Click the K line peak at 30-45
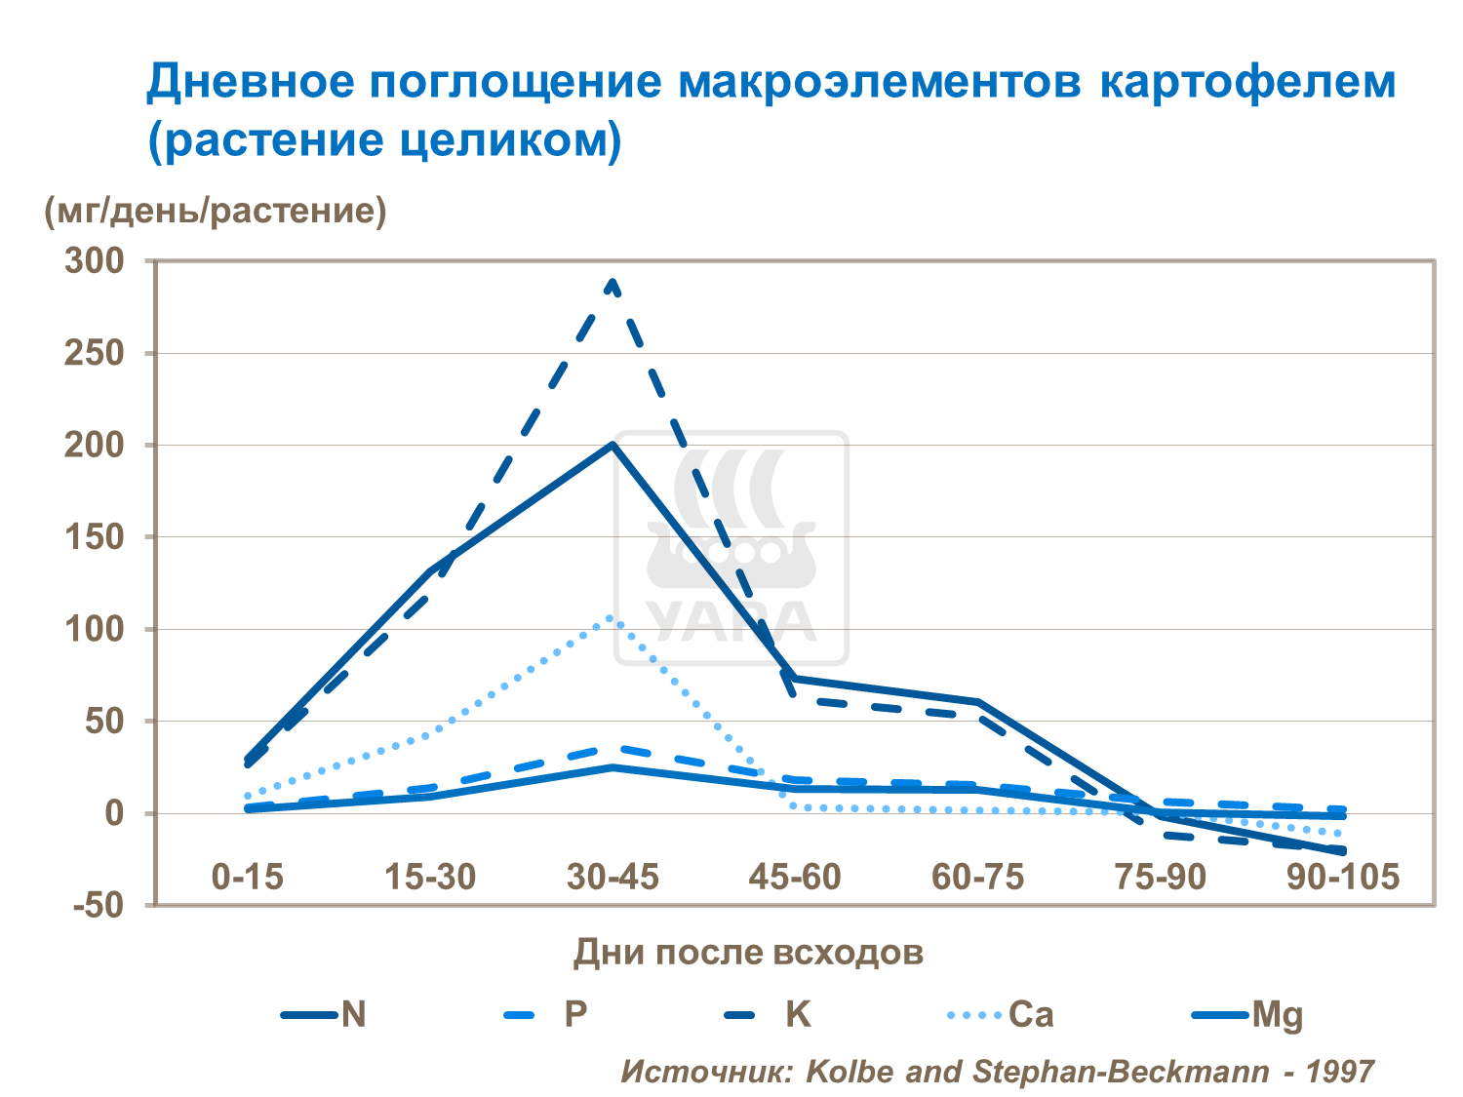(613, 283)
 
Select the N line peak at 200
(613, 445)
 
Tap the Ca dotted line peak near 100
(611, 617)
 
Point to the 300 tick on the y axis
(95, 260)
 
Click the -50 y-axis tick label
(99, 905)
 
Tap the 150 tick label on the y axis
(95, 536)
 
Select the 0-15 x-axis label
(247, 877)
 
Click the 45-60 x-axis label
(795, 877)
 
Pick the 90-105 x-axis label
(1342, 877)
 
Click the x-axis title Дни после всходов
(748, 952)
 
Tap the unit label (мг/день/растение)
(216, 210)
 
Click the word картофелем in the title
(1247, 82)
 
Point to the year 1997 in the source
(1339, 1072)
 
